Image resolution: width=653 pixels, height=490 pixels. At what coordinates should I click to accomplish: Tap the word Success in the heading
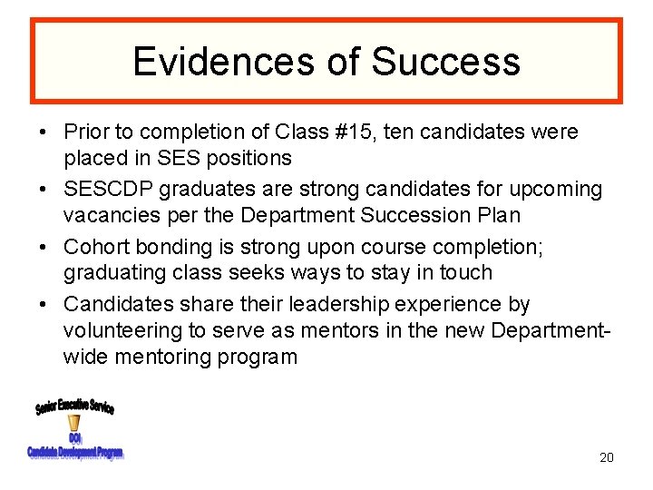point(445,61)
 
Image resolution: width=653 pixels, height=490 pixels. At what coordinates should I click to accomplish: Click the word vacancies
point(109,215)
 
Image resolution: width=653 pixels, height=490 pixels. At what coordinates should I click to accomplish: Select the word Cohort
point(96,247)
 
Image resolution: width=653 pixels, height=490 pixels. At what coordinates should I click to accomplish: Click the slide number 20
point(606,457)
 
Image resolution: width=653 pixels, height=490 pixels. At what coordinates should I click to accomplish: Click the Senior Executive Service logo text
point(75,406)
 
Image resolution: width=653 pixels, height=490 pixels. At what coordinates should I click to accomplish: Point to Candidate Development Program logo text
point(75,452)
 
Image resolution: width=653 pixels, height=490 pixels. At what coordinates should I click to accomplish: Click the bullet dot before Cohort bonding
point(44,247)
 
